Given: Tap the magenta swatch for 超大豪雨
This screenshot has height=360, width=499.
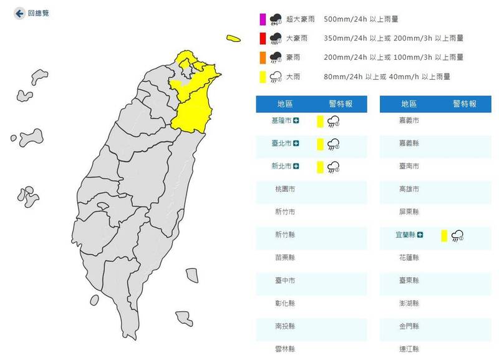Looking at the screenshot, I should pyautogui.click(x=263, y=20).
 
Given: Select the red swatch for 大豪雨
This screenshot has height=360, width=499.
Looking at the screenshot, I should pyautogui.click(x=263, y=39).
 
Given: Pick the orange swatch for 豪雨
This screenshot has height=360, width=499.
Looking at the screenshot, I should pyautogui.click(x=263, y=57).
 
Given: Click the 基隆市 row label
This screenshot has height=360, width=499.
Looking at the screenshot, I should pyautogui.click(x=280, y=120).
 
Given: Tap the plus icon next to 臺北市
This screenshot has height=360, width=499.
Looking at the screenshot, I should pyautogui.click(x=296, y=144).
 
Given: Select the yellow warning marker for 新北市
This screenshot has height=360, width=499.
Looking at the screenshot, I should pyautogui.click(x=319, y=167).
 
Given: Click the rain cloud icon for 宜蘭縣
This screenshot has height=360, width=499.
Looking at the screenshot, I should pyautogui.click(x=458, y=235).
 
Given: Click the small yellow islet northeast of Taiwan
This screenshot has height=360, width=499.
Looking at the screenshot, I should pyautogui.click(x=233, y=39).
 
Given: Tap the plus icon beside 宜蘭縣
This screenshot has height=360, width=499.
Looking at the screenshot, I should pyautogui.click(x=420, y=235).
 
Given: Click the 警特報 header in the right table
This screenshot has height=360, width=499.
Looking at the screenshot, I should pyautogui.click(x=465, y=104).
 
